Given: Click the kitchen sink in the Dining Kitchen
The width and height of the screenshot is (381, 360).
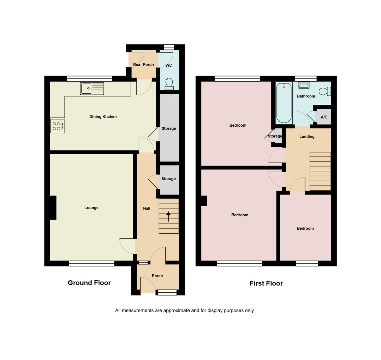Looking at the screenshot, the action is tap(92, 89).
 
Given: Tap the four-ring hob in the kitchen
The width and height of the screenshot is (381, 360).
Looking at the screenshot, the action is tap(57, 126).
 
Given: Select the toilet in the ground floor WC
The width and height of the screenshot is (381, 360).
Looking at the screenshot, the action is tap(169, 84).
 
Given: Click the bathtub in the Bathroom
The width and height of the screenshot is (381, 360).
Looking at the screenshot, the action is tap(284, 103).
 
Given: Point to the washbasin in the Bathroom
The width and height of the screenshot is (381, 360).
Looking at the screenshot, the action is tap(304, 85).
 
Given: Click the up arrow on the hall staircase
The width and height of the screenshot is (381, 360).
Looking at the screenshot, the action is tap(168, 216).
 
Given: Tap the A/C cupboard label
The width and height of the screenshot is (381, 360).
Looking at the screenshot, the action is tap(324, 117).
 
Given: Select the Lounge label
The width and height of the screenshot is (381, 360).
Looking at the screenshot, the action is tap(91, 208).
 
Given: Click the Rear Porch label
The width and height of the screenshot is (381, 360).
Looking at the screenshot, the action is tap(144, 65).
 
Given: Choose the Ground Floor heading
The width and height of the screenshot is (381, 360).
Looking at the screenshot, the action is tap(89, 283).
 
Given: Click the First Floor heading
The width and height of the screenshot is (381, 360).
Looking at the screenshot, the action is tap(266, 283).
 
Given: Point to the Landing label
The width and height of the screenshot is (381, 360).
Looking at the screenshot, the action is tap(307, 137).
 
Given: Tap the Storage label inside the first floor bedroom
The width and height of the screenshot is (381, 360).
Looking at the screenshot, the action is tap(275, 136).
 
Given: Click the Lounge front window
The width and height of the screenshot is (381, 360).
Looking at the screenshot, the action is tap(92, 263).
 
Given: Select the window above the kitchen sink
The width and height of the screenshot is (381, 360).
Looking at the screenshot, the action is tap(90, 79).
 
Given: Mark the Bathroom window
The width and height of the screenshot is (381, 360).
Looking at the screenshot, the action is tap(306, 79).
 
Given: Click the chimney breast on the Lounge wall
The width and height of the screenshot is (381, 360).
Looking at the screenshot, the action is tap(53, 208).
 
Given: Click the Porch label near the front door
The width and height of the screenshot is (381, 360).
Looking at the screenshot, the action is tap(157, 276).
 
